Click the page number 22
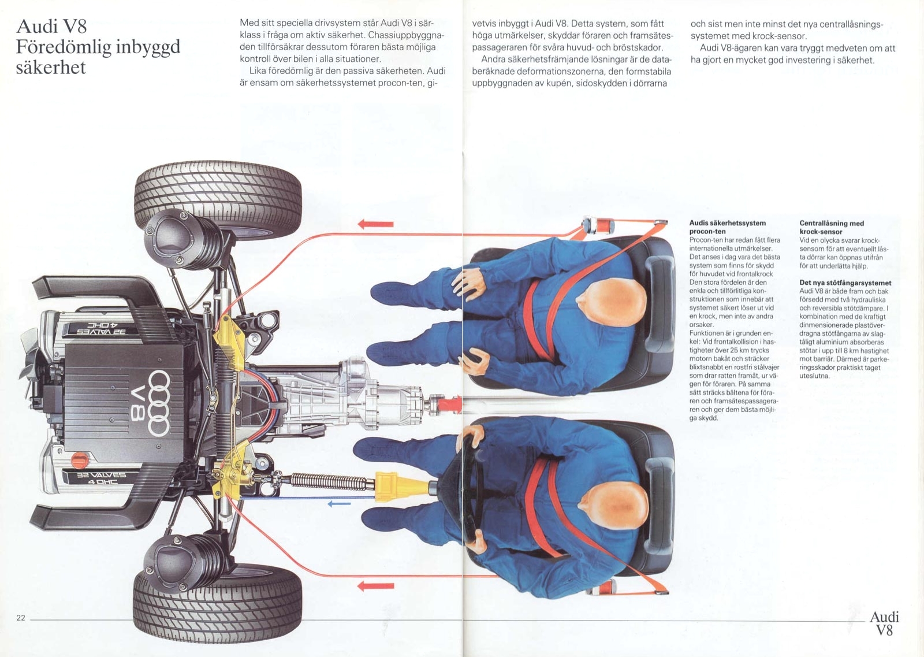[21, 618]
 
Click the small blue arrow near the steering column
[339, 504]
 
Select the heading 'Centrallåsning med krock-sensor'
[832, 227]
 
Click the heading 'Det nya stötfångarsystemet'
[845, 283]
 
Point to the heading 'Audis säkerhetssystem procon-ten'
[727, 227]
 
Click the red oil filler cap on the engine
[78, 461]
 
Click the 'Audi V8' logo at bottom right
[884, 623]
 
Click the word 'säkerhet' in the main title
[51, 68]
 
